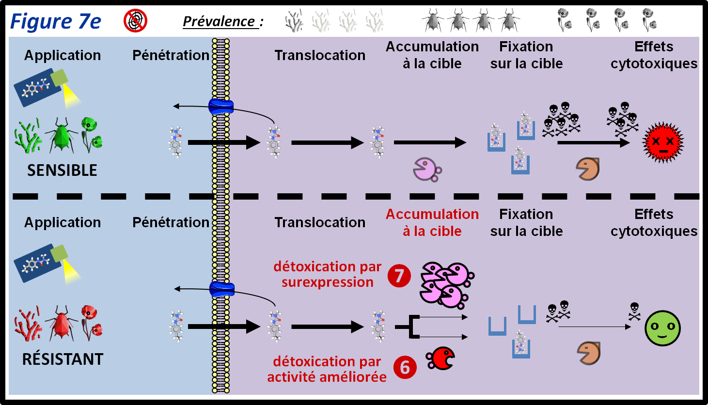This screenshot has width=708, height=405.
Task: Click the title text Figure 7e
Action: click(x=55, y=22)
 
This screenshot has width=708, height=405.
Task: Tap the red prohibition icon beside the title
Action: click(x=135, y=21)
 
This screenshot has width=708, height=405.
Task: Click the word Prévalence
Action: click(x=219, y=22)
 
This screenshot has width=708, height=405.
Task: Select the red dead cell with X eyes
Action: click(x=662, y=142)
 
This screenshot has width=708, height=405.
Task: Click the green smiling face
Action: click(x=662, y=328)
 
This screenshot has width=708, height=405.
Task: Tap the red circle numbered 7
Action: click(x=399, y=276)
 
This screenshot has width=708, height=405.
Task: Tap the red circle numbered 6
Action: click(x=405, y=367)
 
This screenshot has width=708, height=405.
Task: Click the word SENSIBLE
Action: click(x=62, y=171)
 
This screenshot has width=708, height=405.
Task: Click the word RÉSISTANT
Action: click(x=63, y=359)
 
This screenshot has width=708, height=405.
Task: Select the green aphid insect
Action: click(x=62, y=135)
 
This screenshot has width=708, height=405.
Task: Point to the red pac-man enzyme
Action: click(x=441, y=358)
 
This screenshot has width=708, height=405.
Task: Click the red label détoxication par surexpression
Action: click(x=327, y=274)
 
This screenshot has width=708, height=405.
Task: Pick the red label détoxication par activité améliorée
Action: click(x=327, y=369)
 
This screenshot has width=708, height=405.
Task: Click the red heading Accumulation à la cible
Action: click(x=432, y=222)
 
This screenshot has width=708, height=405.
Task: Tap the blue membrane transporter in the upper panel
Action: click(x=221, y=107)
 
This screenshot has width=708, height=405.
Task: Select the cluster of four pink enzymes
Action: click(x=445, y=285)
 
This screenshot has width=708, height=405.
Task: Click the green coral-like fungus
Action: click(x=28, y=136)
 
